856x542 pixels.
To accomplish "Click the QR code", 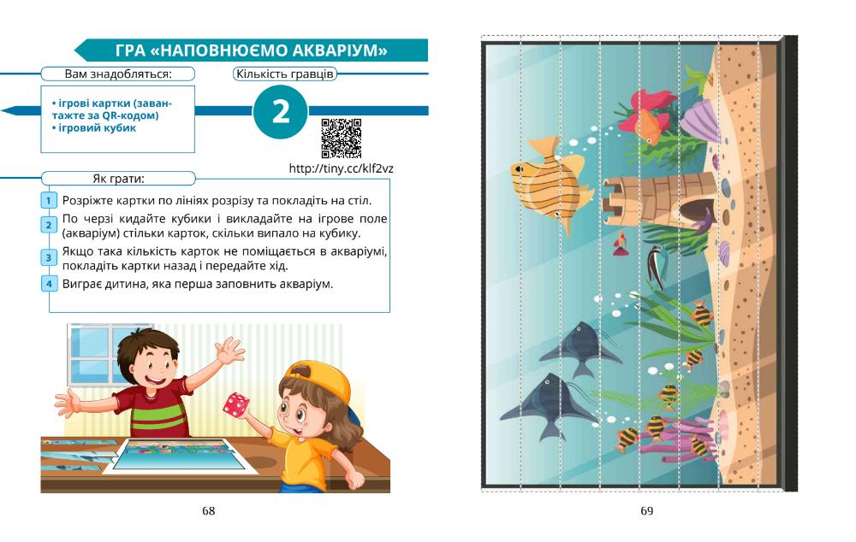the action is coord(341,138).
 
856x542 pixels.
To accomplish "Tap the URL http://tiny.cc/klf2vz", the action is coord(342,168).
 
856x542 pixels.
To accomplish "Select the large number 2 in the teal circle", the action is coord(281,111).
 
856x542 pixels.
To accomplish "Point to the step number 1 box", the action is coord(49,200).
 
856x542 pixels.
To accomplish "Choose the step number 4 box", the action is coord(49,284).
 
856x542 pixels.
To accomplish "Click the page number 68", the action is coord(209,511).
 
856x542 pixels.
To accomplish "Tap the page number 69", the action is coord(647,511).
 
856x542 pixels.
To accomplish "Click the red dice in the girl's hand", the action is coord(235,404).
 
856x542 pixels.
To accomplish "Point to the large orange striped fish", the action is coord(551,183).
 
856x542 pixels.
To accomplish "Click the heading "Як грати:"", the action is coord(118,179).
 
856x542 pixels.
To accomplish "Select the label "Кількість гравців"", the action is coord(284,74).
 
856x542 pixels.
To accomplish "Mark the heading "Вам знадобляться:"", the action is coord(118,74).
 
